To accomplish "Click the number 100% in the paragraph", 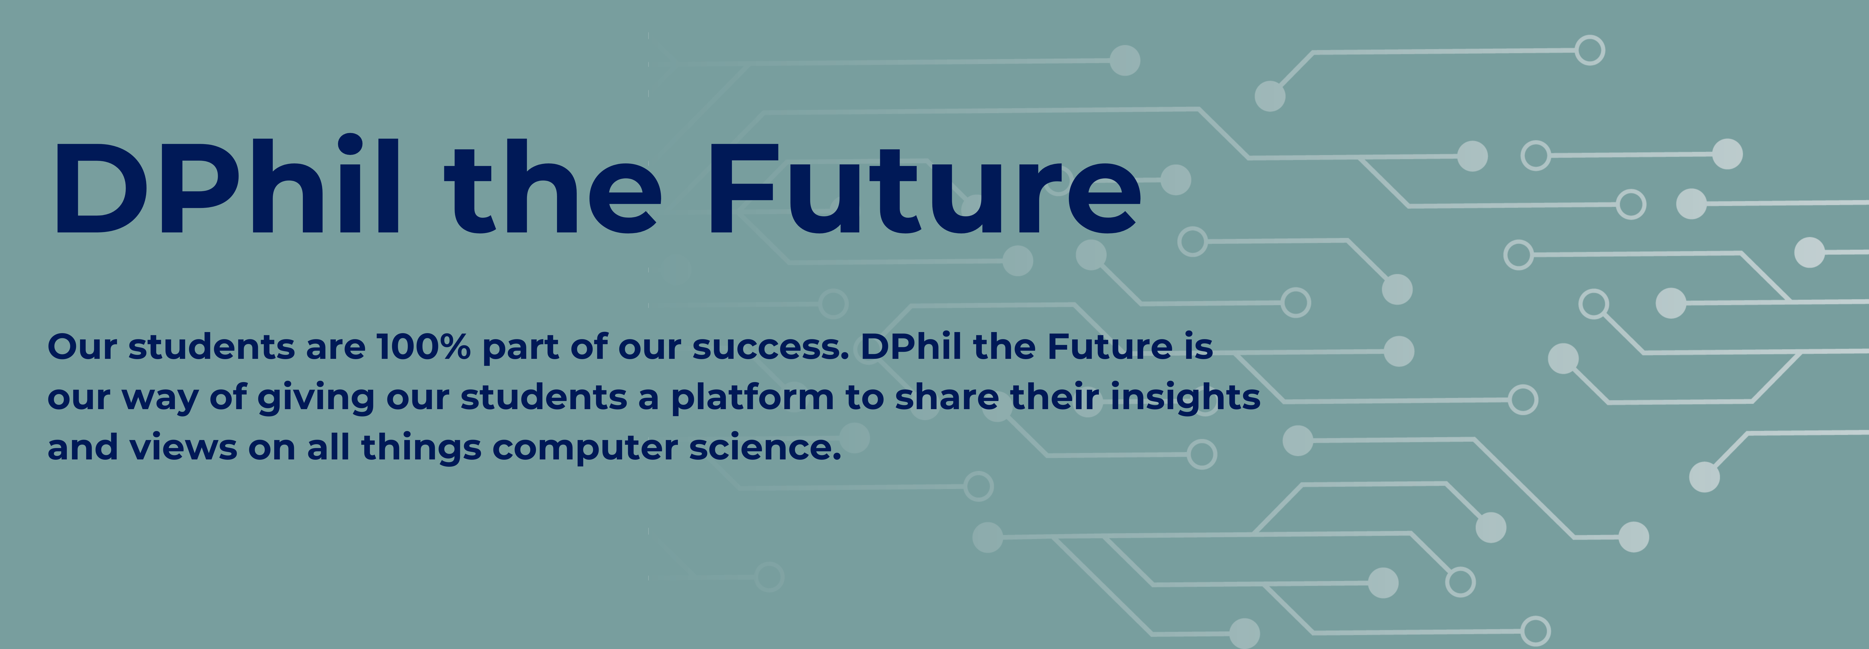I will [x=424, y=347].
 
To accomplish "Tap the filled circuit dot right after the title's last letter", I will [x=1175, y=180].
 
